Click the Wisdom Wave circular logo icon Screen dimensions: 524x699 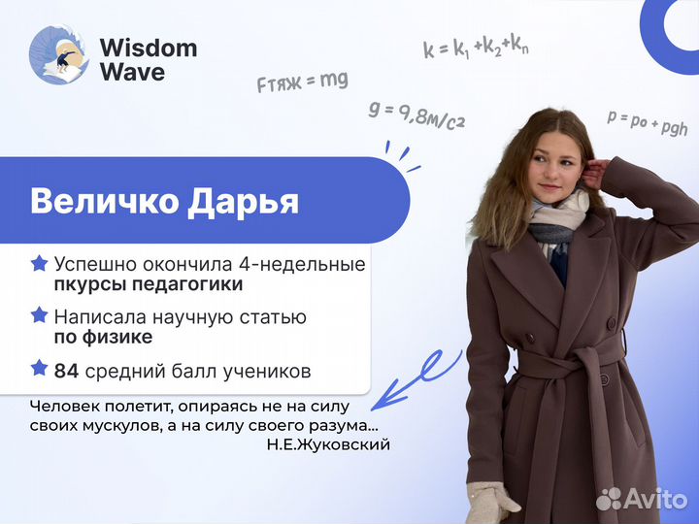point(59,55)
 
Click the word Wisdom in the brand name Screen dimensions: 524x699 point(148,48)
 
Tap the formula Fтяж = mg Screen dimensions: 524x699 point(302,82)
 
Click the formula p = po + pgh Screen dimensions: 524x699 point(647,121)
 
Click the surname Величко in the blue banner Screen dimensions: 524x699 point(108,201)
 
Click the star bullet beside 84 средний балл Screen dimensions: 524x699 point(40,369)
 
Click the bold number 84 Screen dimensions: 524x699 point(66,370)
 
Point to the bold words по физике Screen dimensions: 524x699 point(103,338)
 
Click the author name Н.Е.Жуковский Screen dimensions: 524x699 point(327,444)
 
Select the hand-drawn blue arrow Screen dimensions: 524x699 point(413,379)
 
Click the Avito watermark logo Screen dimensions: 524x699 point(642,499)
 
